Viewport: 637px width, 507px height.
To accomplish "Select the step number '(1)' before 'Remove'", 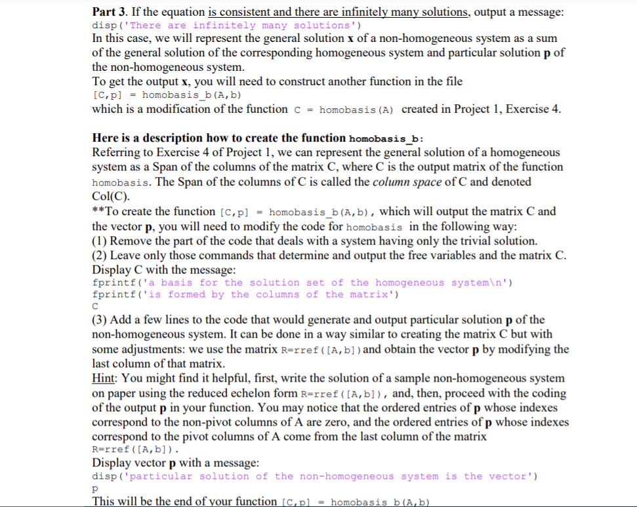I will pyautogui.click(x=100, y=240).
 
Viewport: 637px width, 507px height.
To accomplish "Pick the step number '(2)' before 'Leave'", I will pyautogui.click(x=100, y=255).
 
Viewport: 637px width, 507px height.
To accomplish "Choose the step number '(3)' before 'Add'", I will pyautogui.click(x=100, y=319).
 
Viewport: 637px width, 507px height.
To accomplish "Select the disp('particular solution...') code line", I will pyautogui.click(x=314, y=476).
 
